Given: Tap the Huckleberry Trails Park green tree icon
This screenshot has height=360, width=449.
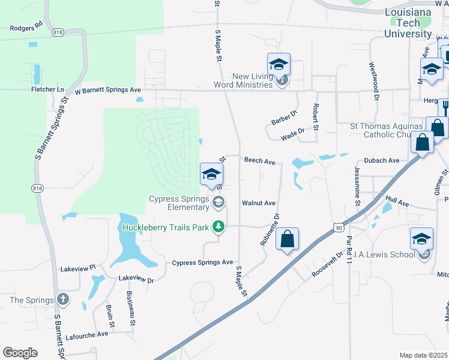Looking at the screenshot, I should [220, 226].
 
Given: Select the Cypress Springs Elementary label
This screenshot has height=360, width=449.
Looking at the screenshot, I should [179, 203].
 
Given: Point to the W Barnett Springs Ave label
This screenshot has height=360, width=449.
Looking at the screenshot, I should [108, 90].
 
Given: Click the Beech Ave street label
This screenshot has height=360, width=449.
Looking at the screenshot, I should [259, 161].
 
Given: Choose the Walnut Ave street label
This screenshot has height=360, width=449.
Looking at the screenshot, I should [258, 203].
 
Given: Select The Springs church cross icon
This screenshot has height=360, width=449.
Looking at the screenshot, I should [62, 299].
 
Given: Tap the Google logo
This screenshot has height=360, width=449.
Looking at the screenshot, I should [20, 352].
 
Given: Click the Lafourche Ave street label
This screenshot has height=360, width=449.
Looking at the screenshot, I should [87, 334].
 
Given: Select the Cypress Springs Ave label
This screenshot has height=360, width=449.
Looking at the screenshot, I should [202, 263].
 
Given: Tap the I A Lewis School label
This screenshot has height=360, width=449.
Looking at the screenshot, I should [385, 254].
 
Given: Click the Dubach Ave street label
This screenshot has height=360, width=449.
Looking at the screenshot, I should [381, 161].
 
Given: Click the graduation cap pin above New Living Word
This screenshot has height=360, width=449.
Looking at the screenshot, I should [279, 64].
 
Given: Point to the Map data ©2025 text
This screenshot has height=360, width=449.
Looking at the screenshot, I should [423, 355].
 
